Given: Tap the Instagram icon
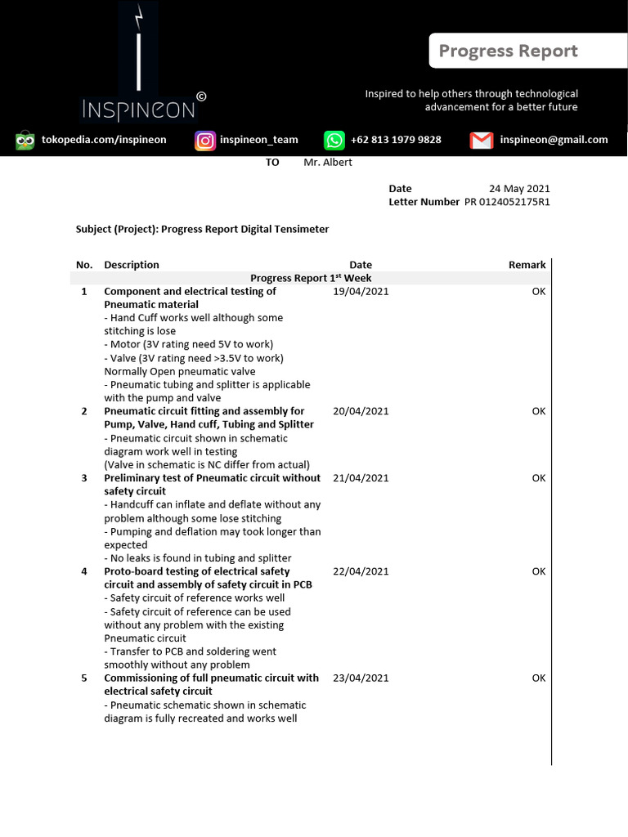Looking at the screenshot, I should pos(204,141).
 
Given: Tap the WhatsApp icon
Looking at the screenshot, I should pos(334,141).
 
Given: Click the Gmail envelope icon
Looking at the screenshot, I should pos(482,141).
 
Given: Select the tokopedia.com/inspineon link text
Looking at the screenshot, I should pos(104,140).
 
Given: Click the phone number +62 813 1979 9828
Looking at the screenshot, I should pos(396,140).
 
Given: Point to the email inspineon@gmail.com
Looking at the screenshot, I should pos(554,140).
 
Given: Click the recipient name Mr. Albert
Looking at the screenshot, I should pos(328,163).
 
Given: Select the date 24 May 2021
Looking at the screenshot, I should pos(519,189).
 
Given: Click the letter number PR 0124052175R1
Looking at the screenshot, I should pos(507,202).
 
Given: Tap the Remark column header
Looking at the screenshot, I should pos(527,265).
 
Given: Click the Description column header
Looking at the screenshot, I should pos(132,265).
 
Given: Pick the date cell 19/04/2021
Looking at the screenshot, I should pos(361,292).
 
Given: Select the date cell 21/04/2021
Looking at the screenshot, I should pos(361,478).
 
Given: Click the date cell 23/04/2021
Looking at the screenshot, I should pos(361,678).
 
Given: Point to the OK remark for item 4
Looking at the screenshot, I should pos(538,572).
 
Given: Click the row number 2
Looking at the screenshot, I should pos(84,411).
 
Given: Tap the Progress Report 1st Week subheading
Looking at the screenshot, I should pos(311,279).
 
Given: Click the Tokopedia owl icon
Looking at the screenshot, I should pos(25,141).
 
